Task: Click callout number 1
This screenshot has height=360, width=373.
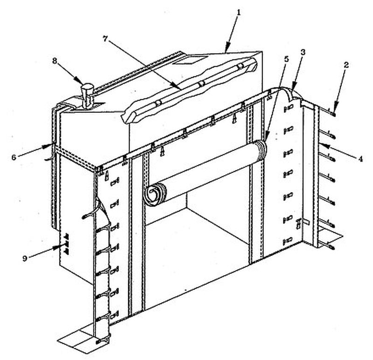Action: click(239, 13)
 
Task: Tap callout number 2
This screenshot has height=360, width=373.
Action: click(346, 65)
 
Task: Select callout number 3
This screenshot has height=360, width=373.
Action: click(303, 53)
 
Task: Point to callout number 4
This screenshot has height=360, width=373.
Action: click(361, 159)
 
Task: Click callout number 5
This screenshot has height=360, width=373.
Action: click(286, 59)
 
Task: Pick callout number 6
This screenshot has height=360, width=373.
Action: click(14, 157)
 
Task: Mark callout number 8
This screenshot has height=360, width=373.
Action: click(55, 61)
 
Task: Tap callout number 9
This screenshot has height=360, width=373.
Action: click(25, 258)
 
